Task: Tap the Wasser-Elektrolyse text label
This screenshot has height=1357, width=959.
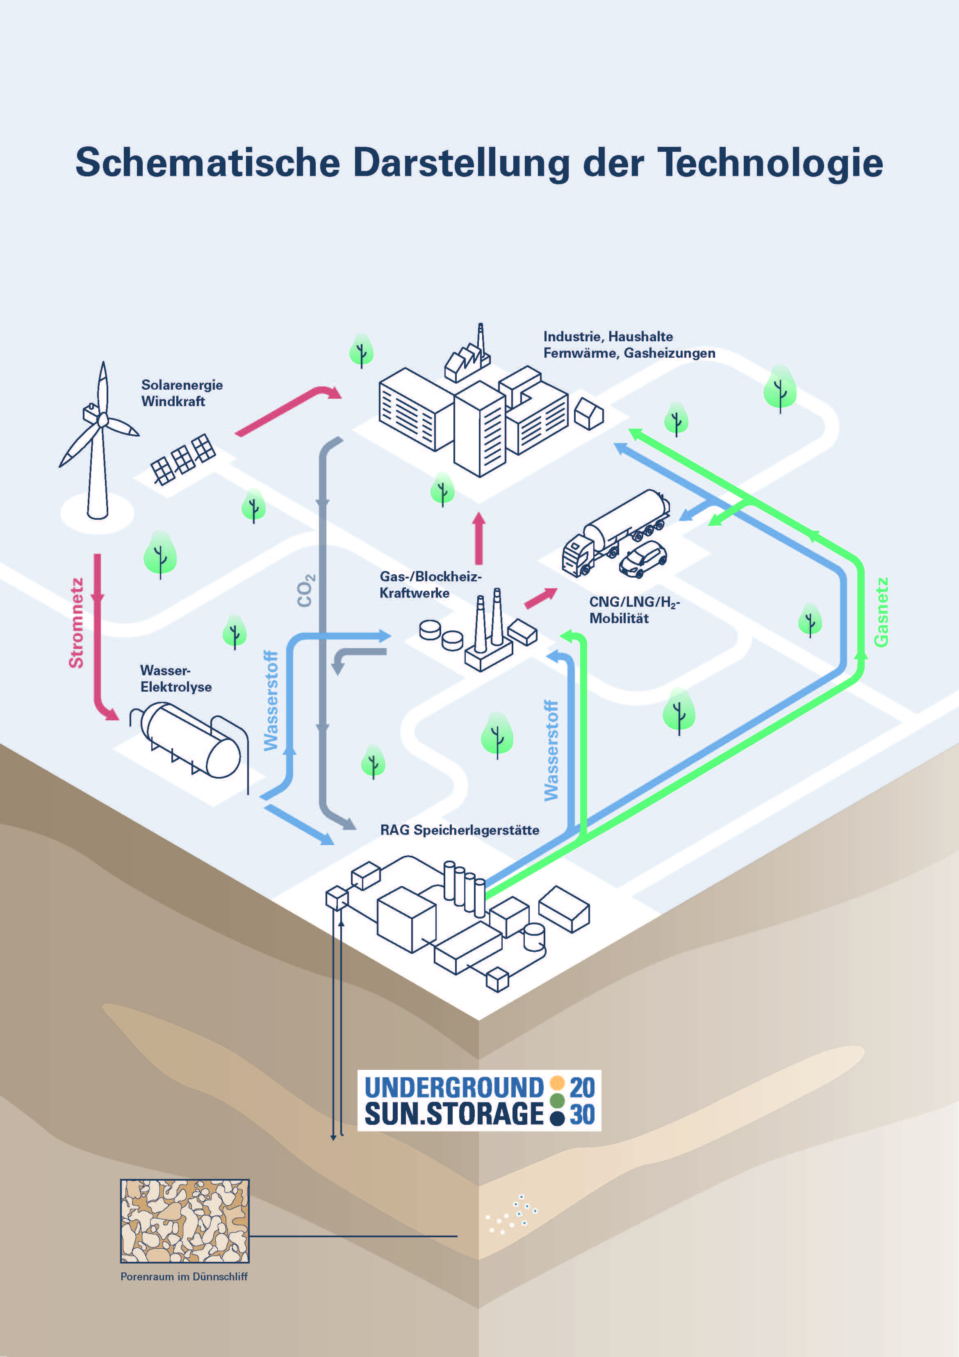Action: click(x=175, y=678)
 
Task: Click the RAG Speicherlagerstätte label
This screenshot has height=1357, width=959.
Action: click(x=459, y=830)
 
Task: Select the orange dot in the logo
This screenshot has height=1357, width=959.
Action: click(x=557, y=1083)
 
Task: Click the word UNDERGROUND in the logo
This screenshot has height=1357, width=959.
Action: click(x=454, y=1087)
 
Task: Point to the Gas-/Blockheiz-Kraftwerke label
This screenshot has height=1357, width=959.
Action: click(x=430, y=585)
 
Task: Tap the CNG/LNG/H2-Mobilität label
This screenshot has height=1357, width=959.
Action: click(x=634, y=610)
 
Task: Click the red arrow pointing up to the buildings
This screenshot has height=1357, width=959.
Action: click(x=478, y=539)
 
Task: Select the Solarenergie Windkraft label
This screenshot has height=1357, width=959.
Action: click(x=181, y=393)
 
